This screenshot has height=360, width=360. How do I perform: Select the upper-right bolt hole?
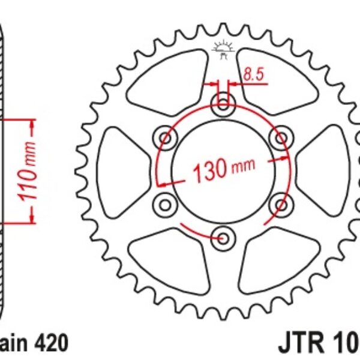coord(280,139)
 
